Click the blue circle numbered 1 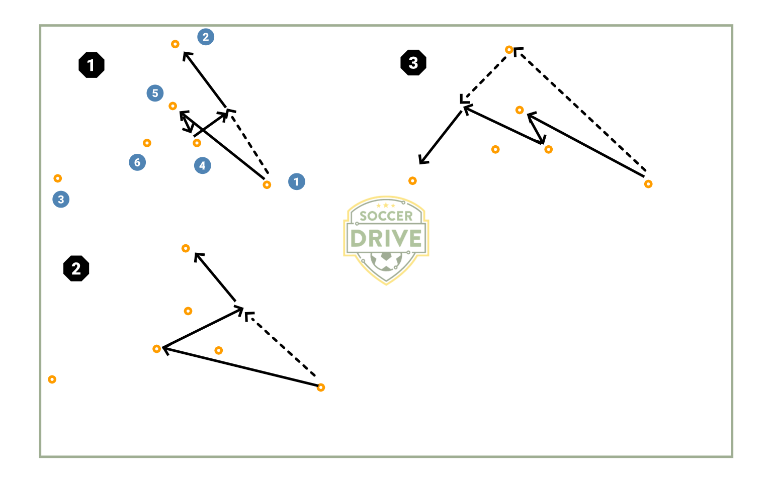[296, 181]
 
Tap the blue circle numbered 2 [206, 37]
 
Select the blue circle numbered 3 [61, 199]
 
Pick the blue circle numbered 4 [202, 165]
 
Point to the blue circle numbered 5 [155, 93]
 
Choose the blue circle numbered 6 [137, 162]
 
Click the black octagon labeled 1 [92, 65]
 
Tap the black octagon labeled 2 [76, 268]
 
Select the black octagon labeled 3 [413, 63]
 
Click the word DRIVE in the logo [386, 238]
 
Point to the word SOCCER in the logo [386, 216]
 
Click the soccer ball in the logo [386, 261]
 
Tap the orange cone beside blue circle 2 [175, 44]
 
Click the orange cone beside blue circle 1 [267, 184]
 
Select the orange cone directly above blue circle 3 [58, 178]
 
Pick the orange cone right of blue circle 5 [173, 106]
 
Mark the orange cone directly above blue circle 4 [197, 143]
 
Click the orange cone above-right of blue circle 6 [147, 143]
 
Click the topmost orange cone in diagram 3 [509, 50]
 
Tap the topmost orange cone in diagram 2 [186, 248]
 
